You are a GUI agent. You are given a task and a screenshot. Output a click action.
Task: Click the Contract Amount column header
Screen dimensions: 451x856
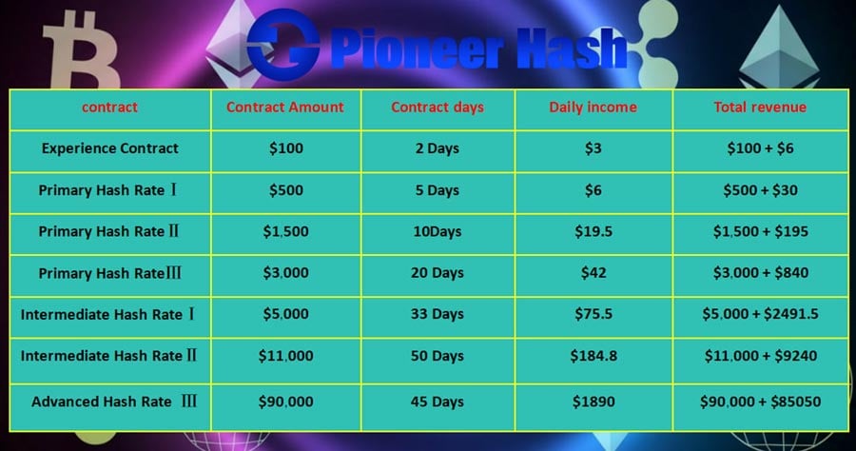pyautogui.click(x=285, y=108)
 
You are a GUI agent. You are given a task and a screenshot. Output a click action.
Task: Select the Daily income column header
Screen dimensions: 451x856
pyautogui.click(x=593, y=108)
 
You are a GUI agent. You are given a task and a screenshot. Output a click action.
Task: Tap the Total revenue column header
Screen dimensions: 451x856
pyautogui.click(x=760, y=108)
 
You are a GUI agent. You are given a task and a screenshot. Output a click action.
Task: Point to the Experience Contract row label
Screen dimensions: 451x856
pyautogui.click(x=110, y=148)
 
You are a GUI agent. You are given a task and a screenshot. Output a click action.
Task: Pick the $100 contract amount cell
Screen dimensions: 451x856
pyautogui.click(x=285, y=148)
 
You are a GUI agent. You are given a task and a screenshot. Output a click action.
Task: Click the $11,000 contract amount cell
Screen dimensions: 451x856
pyautogui.click(x=285, y=357)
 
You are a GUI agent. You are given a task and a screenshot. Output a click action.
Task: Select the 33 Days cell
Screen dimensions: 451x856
pyautogui.click(x=438, y=314)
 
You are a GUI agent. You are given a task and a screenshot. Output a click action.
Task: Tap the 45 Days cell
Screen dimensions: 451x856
pyautogui.click(x=438, y=402)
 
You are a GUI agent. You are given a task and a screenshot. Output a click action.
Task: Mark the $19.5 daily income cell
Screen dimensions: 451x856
pyautogui.click(x=593, y=231)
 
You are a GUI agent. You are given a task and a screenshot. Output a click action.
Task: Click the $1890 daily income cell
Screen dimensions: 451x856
pyautogui.click(x=593, y=402)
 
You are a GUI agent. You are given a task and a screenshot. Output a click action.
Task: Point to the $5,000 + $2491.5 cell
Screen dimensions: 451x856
pyautogui.click(x=760, y=314)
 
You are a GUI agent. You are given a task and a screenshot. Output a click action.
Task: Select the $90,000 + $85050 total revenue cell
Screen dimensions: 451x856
pyautogui.click(x=760, y=402)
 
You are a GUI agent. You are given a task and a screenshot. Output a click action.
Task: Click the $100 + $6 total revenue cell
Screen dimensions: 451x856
pyautogui.click(x=760, y=148)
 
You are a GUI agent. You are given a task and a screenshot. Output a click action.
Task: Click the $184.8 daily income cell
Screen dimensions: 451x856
pyautogui.click(x=593, y=357)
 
